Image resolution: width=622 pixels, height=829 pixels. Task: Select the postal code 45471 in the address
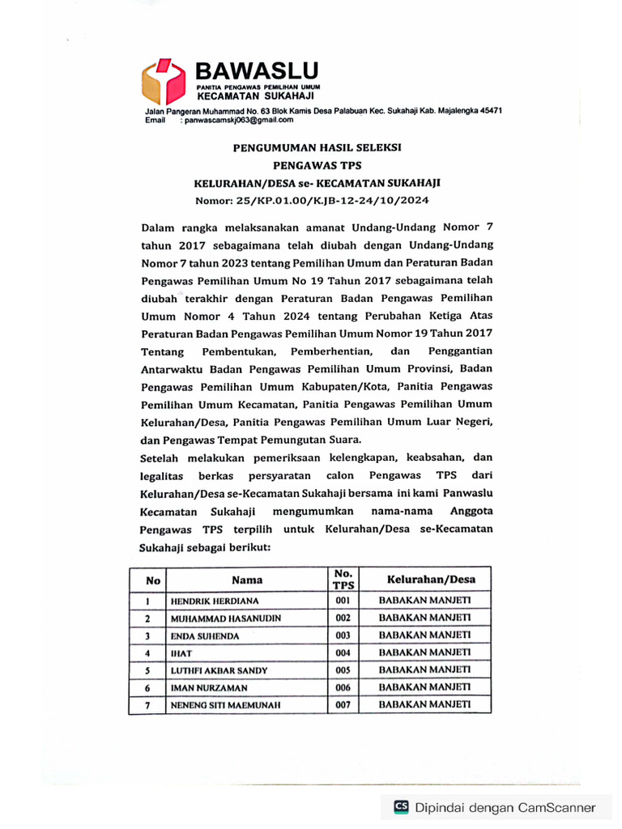[487, 110]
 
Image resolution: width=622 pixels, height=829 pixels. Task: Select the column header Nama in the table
[247, 580]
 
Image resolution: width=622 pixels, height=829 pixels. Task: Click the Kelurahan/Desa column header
[430, 580]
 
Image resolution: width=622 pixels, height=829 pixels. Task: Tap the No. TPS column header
[343, 580]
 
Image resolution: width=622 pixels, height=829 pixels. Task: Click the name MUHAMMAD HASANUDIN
[225, 619]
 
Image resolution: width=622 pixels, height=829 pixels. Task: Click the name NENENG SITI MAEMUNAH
[224, 705]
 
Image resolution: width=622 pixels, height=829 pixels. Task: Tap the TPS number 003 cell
[343, 636]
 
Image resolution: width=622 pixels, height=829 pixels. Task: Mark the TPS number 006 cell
[343, 687]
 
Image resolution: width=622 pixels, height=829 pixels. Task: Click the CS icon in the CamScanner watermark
[401, 806]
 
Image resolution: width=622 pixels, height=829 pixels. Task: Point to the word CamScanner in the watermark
[552, 807]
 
